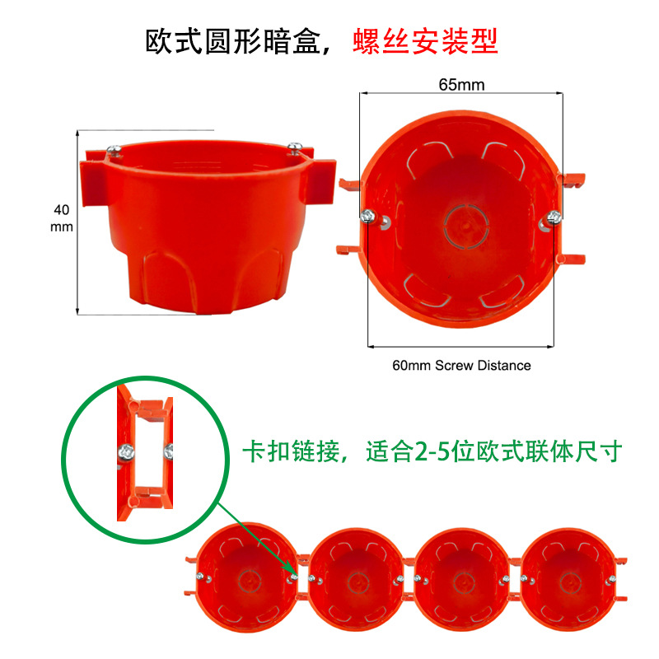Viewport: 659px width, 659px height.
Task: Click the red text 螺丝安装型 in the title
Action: [426, 41]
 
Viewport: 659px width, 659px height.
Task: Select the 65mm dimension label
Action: [461, 85]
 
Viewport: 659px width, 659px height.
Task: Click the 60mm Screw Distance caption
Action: [461, 365]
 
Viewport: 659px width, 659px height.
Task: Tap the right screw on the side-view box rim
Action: [295, 147]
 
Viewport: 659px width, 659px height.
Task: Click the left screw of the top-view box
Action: [367, 217]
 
